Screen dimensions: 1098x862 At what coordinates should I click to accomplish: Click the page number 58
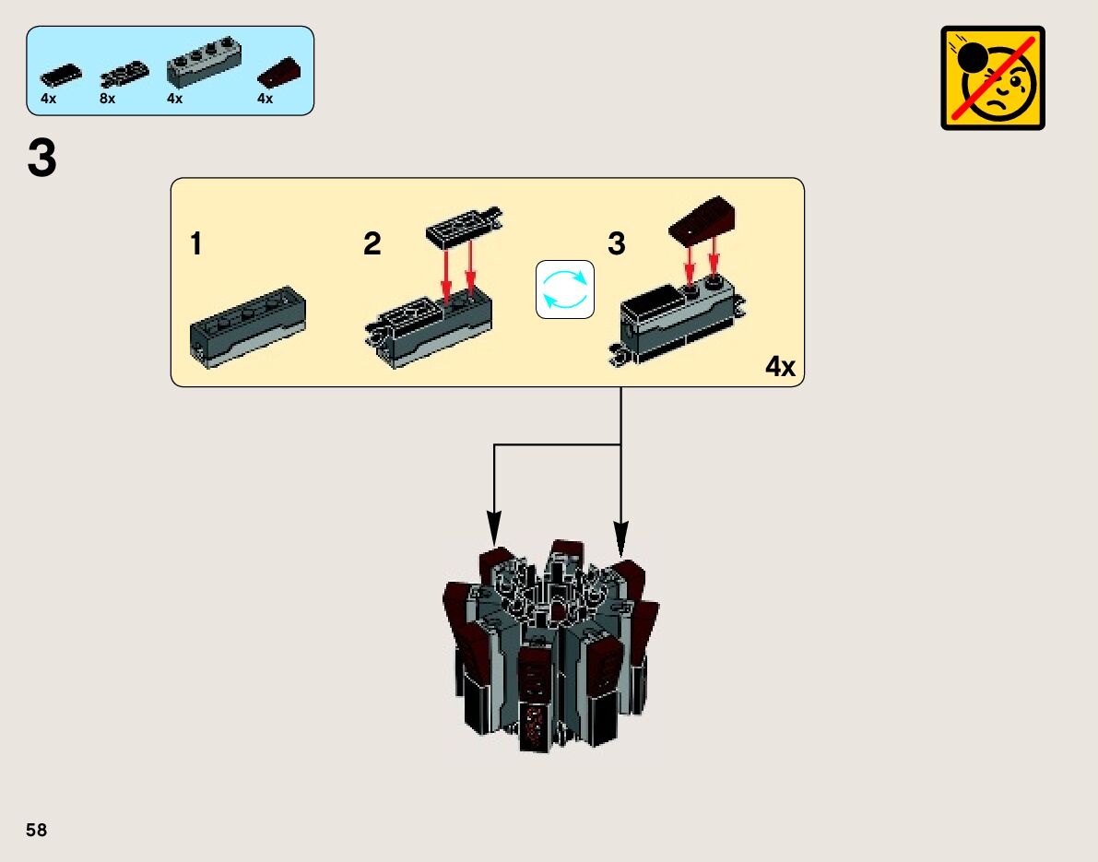(37, 830)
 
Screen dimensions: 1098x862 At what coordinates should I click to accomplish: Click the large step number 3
(42, 159)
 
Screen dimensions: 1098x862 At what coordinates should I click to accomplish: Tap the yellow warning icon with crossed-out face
(993, 77)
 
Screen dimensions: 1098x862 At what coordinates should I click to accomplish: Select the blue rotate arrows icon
(565, 289)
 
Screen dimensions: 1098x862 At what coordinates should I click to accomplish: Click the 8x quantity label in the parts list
(108, 99)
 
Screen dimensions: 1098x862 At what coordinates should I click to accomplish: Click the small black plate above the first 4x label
(61, 74)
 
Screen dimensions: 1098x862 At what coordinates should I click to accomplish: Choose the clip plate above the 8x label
(124, 73)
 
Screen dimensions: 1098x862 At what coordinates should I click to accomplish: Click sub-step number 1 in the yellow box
(196, 244)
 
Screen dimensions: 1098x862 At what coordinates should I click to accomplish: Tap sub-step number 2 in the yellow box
(372, 244)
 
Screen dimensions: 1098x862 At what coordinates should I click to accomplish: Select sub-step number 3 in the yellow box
(617, 244)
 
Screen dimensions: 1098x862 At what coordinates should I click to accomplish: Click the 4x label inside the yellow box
(779, 367)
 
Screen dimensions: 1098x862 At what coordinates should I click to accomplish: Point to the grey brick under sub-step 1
(247, 330)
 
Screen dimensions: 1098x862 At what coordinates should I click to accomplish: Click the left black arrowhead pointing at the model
(494, 532)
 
